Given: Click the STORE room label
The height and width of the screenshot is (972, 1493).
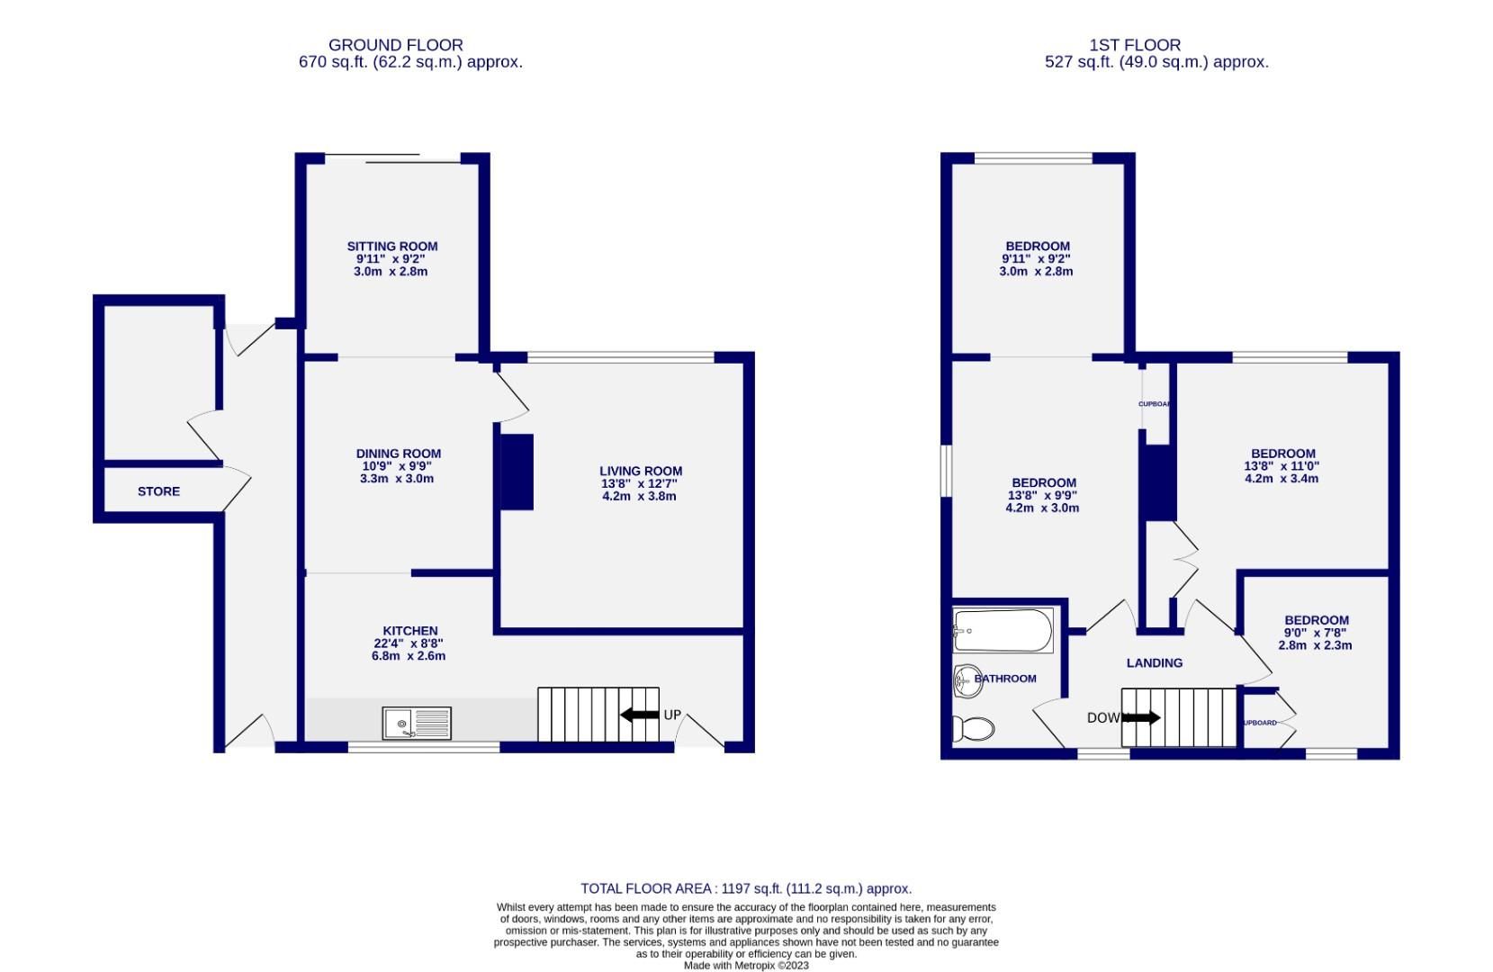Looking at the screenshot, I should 158,491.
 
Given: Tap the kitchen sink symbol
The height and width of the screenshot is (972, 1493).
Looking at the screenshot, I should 417,723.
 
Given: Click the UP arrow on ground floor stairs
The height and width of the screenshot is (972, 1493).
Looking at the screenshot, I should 640,715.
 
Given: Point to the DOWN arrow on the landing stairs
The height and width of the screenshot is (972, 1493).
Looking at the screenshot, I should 1141,718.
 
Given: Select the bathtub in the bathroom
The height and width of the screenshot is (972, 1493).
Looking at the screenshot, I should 1003,631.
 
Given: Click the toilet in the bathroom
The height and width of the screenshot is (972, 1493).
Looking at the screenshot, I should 973,728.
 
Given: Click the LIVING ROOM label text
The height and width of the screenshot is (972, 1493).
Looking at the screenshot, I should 641,471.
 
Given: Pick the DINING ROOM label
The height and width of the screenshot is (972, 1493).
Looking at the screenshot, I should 398,454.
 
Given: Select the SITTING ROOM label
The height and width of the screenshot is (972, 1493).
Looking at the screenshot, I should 392,246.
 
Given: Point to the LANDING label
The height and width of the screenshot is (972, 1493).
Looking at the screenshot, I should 1154,662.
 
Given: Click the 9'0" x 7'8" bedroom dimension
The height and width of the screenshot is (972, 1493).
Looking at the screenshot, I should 1316,633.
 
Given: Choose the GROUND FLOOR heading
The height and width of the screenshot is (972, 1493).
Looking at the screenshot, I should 395,44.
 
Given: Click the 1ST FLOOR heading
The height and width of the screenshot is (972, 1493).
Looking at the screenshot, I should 1134,44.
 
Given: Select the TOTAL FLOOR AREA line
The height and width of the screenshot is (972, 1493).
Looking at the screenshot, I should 746,888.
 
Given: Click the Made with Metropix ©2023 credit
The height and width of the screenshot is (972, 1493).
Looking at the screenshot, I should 746,966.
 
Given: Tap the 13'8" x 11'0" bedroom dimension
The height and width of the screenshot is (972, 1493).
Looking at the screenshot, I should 1282,466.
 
